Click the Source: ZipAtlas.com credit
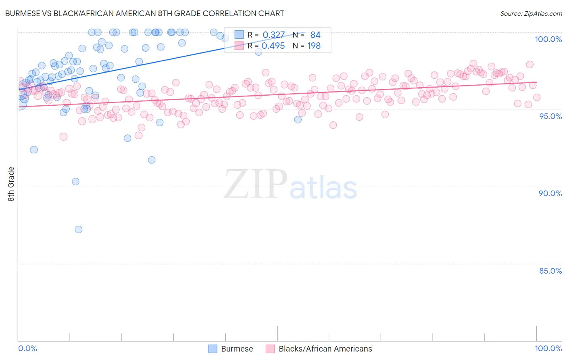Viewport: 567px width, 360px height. [531, 13]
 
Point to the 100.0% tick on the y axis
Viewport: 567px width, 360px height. [548, 39]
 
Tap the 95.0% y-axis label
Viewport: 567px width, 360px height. [550, 116]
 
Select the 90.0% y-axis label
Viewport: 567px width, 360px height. [550, 193]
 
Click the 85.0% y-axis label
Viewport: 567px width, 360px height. [550, 270]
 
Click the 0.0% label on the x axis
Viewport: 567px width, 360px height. [27, 348]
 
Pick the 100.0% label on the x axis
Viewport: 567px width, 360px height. [548, 348]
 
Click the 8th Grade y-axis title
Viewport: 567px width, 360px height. [11, 184]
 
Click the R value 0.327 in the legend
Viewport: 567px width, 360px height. [273, 35]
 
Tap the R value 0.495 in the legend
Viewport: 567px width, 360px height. [273, 46]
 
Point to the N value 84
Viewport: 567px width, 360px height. [315, 35]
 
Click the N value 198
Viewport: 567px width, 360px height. [314, 46]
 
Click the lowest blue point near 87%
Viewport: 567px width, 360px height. [79, 230]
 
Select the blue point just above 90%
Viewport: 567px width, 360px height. [75, 182]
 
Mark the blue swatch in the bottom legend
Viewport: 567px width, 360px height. [213, 349]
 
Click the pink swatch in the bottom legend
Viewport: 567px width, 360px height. [270, 349]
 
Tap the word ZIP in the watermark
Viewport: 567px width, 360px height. [255, 184]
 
